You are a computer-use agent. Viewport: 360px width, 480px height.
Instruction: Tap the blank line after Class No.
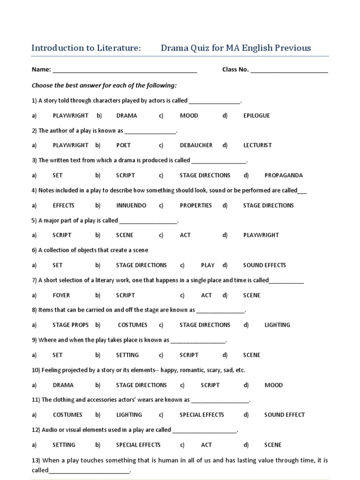pos(289,71)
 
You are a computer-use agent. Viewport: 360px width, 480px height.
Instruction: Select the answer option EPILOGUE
pos(256,115)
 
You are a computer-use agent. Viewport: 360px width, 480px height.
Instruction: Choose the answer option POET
pos(123,145)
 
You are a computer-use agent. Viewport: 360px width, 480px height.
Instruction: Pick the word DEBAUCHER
pos(196,145)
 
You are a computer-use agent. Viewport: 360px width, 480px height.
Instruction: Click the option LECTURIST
pos(257,145)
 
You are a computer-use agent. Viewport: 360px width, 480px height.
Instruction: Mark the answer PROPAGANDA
pos(284,175)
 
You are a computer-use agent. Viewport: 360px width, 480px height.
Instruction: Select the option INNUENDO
pos(131,205)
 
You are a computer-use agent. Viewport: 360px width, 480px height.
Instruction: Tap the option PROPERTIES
pos(195,205)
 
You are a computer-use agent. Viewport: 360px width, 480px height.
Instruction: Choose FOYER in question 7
pos(61,295)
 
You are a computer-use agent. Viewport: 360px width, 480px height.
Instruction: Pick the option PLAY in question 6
pos(208,265)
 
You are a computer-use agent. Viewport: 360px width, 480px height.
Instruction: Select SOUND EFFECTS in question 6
pos(264,265)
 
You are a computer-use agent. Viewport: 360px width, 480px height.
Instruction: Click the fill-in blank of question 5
pos(149,222)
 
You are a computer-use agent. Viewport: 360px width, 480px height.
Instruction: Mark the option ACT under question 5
pos(185,235)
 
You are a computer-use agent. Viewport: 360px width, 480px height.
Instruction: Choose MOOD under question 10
pos(273,385)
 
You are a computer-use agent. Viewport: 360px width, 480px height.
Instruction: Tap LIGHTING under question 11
pos(129,415)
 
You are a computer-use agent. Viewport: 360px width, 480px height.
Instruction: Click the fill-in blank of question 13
pos(89,472)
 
